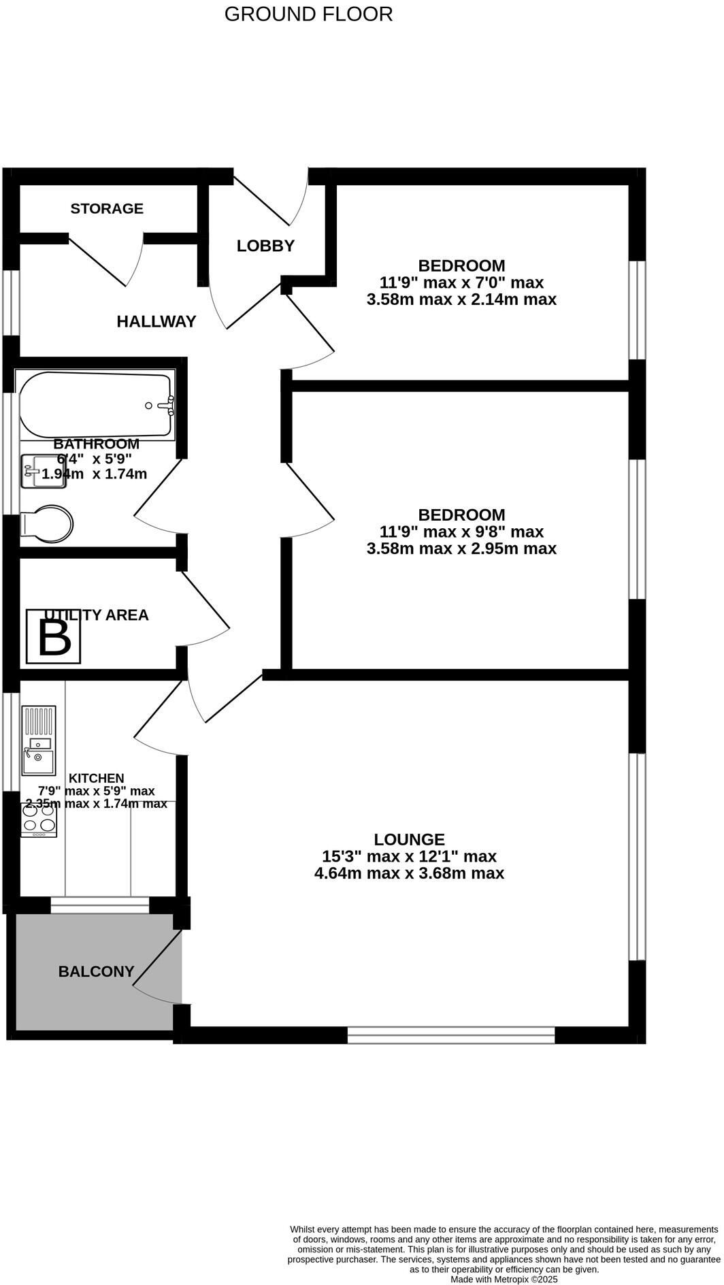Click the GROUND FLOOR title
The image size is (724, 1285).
tap(308, 14)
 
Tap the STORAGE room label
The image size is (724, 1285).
tap(107, 209)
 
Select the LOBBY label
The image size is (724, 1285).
tap(265, 246)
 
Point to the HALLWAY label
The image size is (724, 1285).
tap(156, 322)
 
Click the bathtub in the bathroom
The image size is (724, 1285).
tap(95, 405)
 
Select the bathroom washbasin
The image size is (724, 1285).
tap(42, 472)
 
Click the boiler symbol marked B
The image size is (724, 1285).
tap(54, 637)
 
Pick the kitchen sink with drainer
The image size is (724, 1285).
tap(39, 741)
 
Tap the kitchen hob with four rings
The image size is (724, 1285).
tap(39, 819)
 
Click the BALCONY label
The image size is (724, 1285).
tap(96, 972)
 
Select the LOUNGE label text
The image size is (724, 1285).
tap(409, 840)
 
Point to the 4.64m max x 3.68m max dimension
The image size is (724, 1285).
tap(409, 874)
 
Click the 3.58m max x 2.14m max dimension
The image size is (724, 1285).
tap(461, 299)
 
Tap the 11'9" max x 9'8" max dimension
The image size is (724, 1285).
tap(461, 532)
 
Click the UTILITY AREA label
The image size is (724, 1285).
tap(95, 615)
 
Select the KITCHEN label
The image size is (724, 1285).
tap(97, 779)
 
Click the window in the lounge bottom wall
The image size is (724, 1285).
tap(451, 1035)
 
